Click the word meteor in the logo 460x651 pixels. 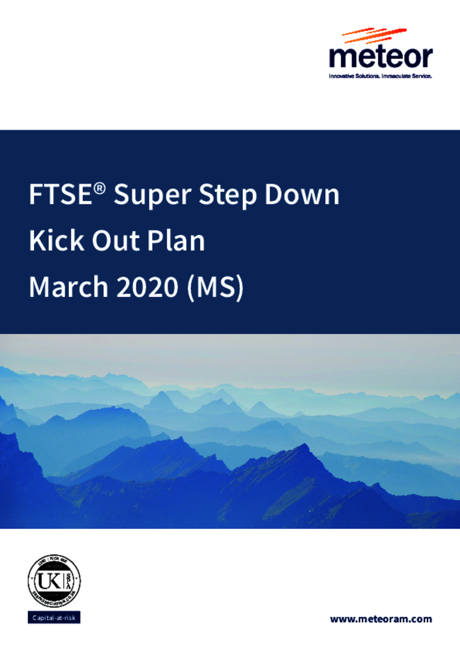tap(381, 58)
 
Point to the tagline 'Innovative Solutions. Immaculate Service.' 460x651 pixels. tap(380, 75)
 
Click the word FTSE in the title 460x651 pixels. tap(60, 196)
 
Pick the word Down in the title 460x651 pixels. tap(302, 196)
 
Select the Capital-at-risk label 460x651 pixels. tap(54, 619)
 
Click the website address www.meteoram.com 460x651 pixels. tap(381, 619)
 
